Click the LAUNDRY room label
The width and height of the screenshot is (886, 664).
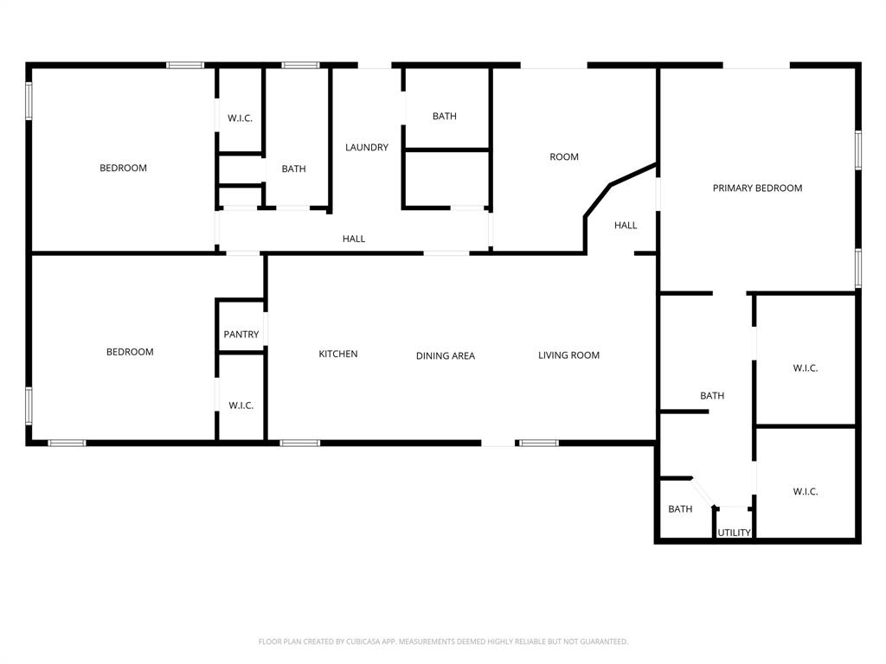[x=367, y=147]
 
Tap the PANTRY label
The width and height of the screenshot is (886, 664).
[x=241, y=335]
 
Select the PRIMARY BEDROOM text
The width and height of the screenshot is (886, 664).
[x=757, y=188]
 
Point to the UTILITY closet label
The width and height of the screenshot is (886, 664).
[x=734, y=533]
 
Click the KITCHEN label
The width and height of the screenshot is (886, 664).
[x=338, y=354]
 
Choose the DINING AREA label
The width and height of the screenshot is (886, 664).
[x=446, y=355]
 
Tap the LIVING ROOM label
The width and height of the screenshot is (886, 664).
[x=568, y=354]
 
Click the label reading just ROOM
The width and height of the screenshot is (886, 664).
[x=564, y=156]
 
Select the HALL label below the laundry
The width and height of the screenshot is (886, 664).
[x=354, y=239]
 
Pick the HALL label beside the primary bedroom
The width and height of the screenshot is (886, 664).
[x=626, y=225]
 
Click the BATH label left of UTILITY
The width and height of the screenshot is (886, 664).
[x=680, y=509]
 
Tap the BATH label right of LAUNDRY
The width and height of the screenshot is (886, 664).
[x=445, y=116]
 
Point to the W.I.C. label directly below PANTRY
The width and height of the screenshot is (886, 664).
[x=241, y=405]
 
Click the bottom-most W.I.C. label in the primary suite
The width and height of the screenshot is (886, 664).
[x=806, y=491]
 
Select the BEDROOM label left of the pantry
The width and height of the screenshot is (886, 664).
[x=130, y=352]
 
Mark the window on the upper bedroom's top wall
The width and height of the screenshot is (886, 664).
[x=185, y=65]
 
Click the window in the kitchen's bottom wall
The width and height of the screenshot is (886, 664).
[x=299, y=443]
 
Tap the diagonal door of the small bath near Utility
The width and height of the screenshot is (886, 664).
[x=703, y=492]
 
